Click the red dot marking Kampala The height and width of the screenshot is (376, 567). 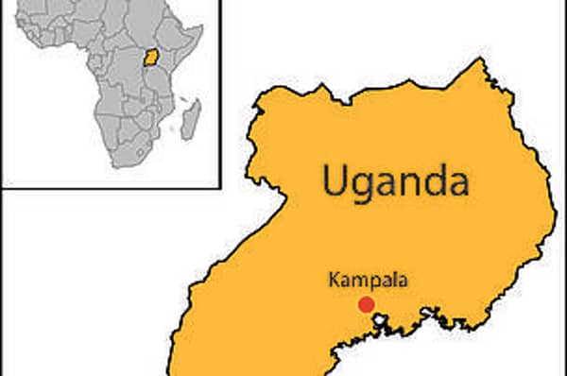point(366,304)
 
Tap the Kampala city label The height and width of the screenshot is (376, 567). point(365,280)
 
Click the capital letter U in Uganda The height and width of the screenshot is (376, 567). point(335,178)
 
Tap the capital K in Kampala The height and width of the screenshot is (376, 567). point(334,280)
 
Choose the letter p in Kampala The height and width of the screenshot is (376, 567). point(370,282)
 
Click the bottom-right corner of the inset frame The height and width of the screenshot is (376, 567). point(218,187)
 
